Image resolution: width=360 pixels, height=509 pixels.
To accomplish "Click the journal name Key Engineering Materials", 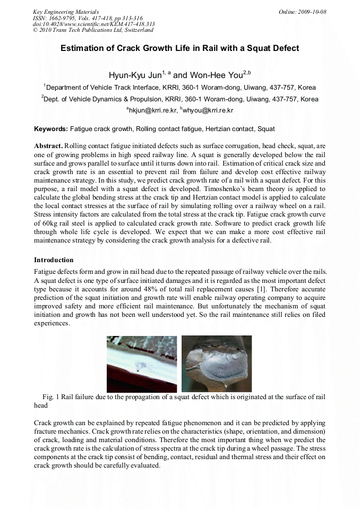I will (x=65, y=12).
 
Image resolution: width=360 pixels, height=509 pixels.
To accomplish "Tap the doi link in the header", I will (x=93, y=24).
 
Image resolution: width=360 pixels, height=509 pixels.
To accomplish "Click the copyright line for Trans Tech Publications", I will (x=93, y=30).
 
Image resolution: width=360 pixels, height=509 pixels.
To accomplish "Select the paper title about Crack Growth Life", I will (x=179, y=48).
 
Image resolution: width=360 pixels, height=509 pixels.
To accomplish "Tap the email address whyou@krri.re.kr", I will (x=208, y=110).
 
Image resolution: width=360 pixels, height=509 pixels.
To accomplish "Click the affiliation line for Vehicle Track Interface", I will (x=179, y=88).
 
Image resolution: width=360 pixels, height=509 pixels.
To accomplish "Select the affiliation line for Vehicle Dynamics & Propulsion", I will (x=179, y=99).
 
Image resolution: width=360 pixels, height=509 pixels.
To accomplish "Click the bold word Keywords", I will (x=50, y=129).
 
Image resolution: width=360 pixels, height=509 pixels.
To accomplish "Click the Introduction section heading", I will (x=54, y=260).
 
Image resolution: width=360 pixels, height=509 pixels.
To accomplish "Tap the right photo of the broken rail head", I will (x=216, y=364).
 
